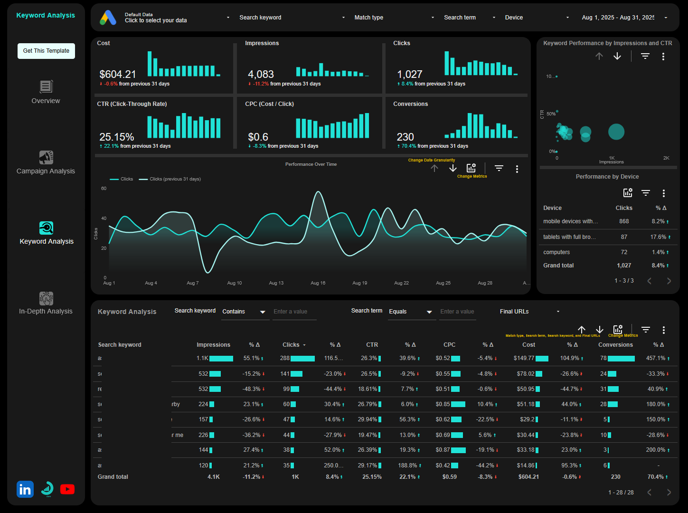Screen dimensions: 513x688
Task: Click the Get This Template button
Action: (x=46, y=51)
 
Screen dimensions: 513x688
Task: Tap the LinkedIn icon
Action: (x=25, y=489)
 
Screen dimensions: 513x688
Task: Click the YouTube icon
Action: (x=67, y=489)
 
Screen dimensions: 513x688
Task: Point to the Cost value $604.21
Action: (x=118, y=75)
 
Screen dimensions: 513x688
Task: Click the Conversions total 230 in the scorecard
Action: (x=405, y=137)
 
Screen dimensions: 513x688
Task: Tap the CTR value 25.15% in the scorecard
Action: (x=117, y=137)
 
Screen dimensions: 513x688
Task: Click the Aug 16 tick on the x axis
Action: (x=318, y=283)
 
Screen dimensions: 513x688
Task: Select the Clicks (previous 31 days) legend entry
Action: (x=175, y=179)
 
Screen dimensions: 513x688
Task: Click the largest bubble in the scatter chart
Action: (x=616, y=132)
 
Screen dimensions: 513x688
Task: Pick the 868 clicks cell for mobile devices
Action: (x=623, y=221)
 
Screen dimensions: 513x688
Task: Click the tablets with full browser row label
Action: (x=569, y=237)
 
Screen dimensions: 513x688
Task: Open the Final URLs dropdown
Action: (x=529, y=312)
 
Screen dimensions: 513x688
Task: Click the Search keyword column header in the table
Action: (x=120, y=345)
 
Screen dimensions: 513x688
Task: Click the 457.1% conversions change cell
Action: (x=656, y=358)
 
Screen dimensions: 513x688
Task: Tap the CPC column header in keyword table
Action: (x=449, y=345)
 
